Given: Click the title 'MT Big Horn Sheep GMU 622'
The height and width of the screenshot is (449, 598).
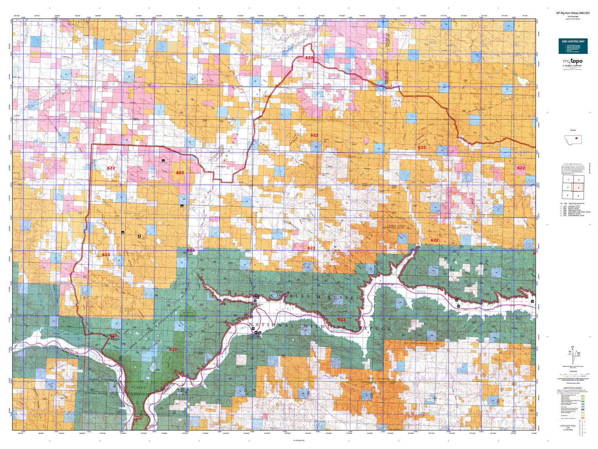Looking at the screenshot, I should [x=573, y=13].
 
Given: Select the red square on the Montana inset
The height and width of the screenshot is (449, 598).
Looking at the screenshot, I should [x=576, y=138].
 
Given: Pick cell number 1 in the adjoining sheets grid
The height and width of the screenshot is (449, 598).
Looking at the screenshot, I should [x=568, y=180].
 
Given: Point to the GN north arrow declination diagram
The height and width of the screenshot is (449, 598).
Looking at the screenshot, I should [x=572, y=351].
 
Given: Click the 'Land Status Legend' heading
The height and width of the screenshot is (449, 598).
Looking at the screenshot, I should [x=572, y=388].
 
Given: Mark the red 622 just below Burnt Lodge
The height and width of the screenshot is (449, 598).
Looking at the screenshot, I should [x=434, y=240].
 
